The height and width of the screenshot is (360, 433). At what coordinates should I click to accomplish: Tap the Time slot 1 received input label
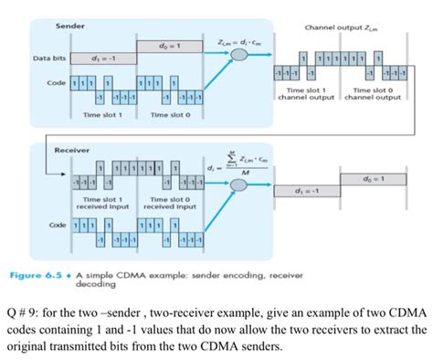102,203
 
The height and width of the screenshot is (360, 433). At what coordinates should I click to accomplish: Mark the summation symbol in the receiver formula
237,157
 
